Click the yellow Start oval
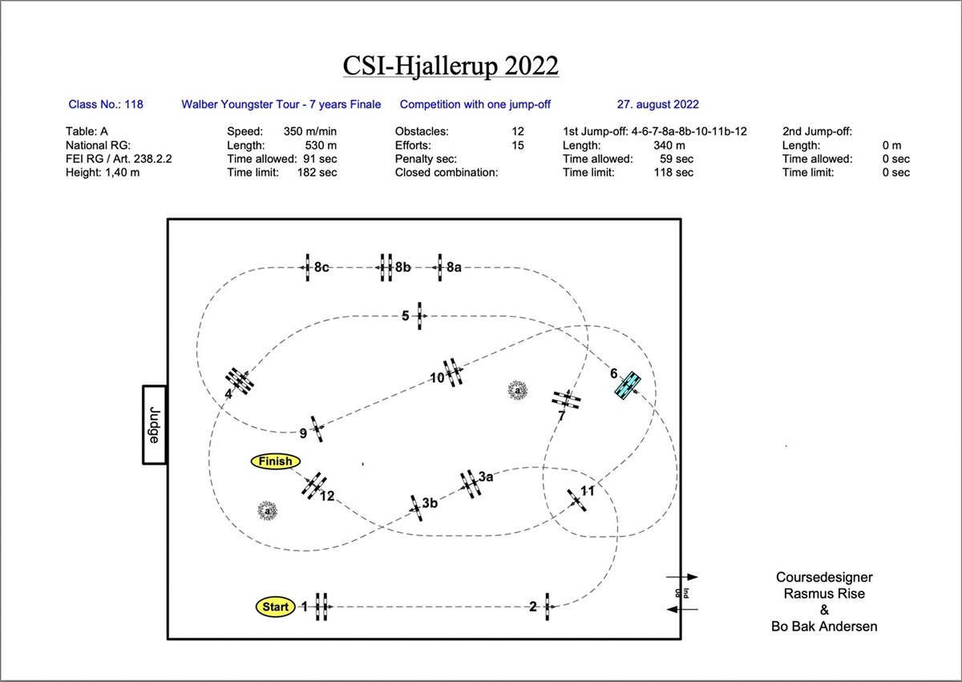click(275, 607)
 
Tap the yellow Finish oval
click(275, 461)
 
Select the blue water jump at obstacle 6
click(628, 385)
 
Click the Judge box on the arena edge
click(154, 424)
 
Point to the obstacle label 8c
click(321, 267)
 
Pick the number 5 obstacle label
click(405, 316)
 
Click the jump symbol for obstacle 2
click(547, 607)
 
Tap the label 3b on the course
click(430, 503)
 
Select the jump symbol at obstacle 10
click(453, 372)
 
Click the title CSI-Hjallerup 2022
click(451, 65)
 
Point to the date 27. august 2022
click(658, 104)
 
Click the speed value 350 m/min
click(310, 131)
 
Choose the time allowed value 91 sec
click(320, 159)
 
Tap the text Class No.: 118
click(106, 104)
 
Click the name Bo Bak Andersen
click(824, 627)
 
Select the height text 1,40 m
click(123, 173)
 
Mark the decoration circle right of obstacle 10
click(518, 390)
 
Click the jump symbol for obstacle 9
click(317, 428)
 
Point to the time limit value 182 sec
click(317, 173)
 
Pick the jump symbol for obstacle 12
click(314, 485)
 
